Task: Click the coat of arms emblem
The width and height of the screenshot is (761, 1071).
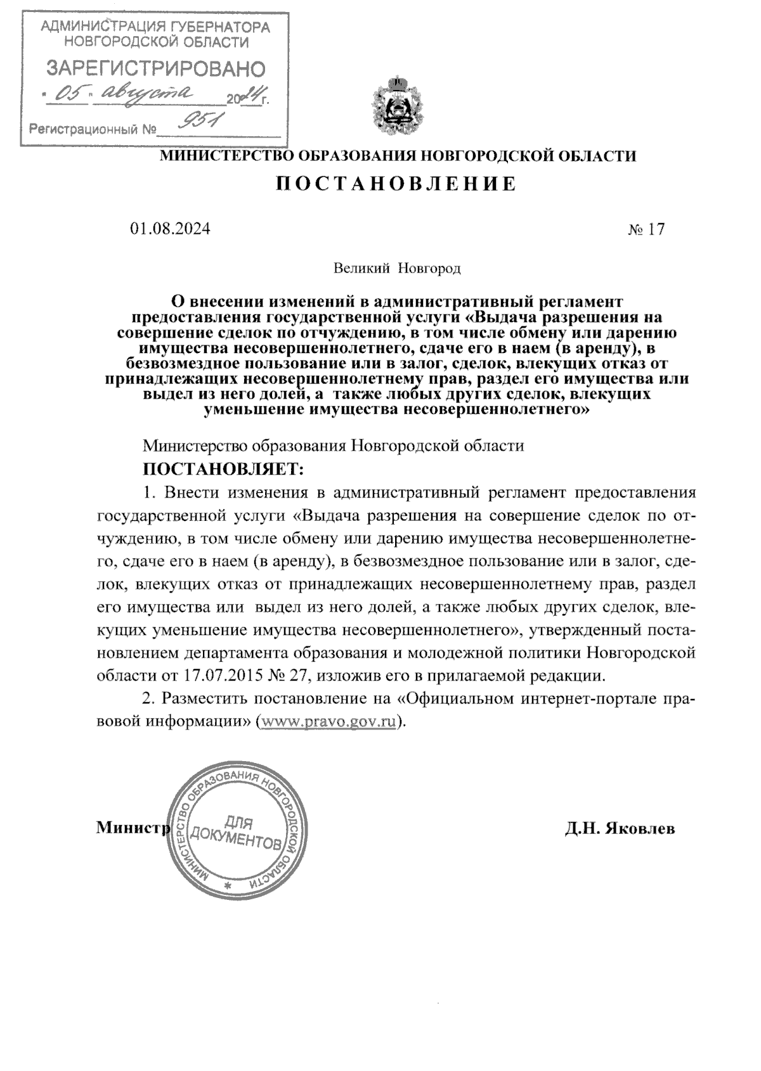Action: click(x=397, y=105)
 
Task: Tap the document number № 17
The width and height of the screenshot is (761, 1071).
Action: click(x=646, y=229)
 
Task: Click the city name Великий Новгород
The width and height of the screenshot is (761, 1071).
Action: click(x=397, y=268)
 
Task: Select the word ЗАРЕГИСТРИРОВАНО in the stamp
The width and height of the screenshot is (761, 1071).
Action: click(x=157, y=68)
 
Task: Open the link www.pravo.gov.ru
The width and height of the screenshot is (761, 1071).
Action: click(x=329, y=722)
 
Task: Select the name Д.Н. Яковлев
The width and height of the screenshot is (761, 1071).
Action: click(x=620, y=828)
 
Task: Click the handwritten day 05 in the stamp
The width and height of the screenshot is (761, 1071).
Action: click(x=68, y=93)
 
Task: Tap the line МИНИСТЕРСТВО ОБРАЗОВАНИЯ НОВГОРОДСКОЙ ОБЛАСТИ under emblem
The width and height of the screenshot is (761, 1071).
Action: click(x=397, y=155)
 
